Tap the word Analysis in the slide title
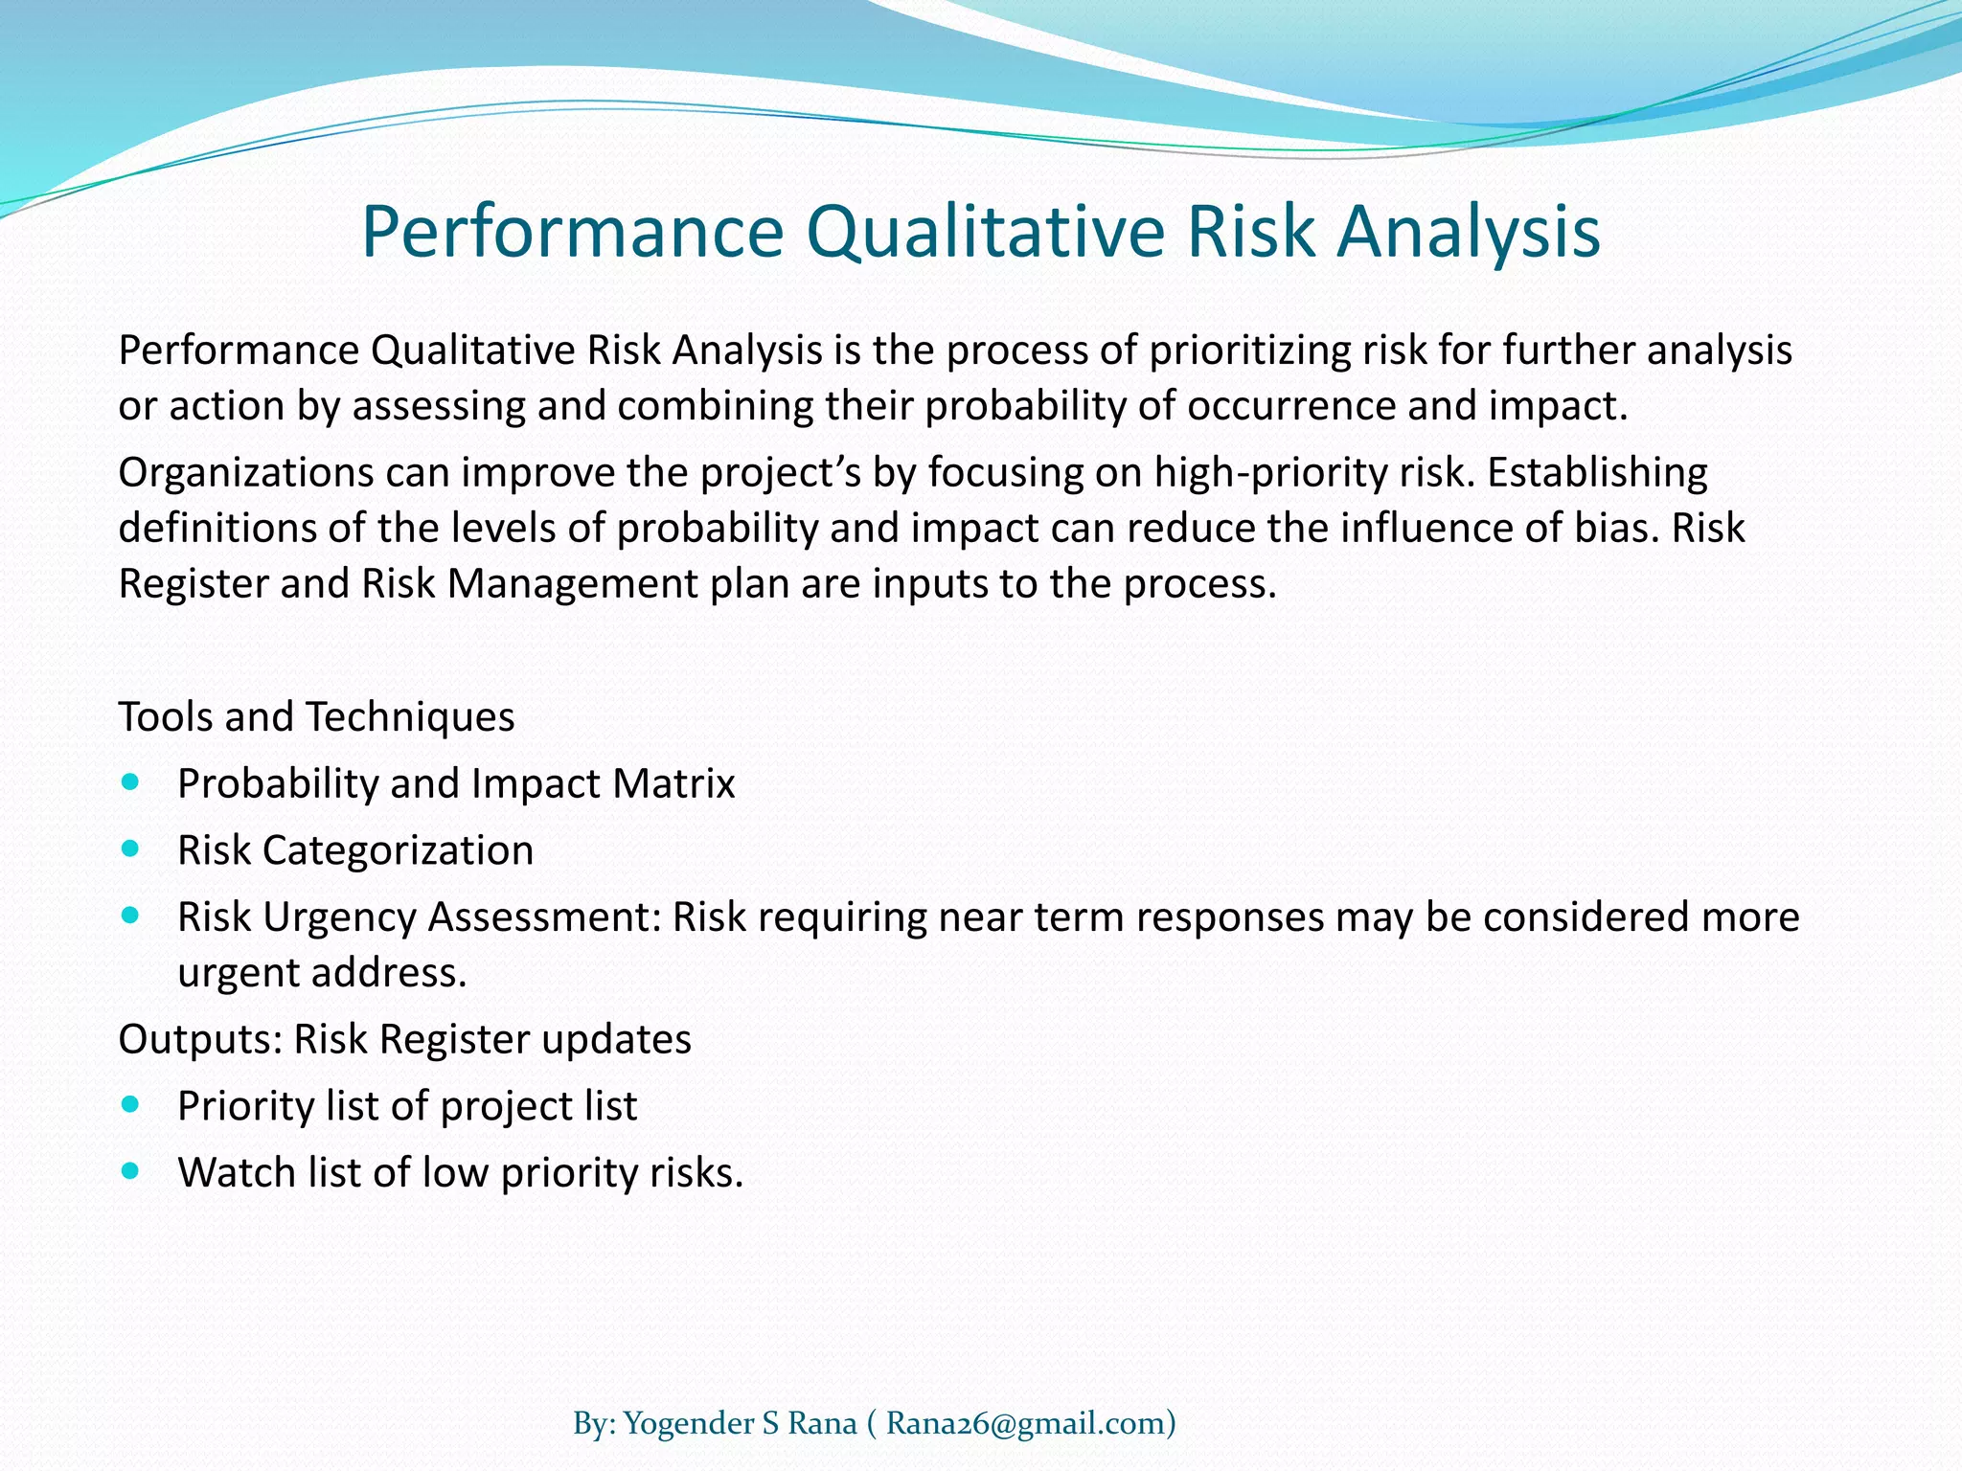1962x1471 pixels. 1469,233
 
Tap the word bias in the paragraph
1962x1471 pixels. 1618,528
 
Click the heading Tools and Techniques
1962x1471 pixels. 316,716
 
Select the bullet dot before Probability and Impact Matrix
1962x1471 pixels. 131,782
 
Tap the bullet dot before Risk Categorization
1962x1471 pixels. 131,849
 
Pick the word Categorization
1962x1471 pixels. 398,850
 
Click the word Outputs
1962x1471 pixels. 199,1039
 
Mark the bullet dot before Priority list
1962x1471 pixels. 131,1104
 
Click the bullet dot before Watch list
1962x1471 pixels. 131,1170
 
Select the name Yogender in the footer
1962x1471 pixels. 689,1398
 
